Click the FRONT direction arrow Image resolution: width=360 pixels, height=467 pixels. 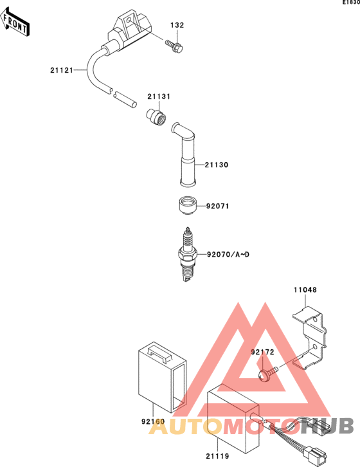(14, 23)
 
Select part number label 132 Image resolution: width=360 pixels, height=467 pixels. (177, 25)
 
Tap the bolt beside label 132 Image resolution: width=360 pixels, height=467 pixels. (174, 47)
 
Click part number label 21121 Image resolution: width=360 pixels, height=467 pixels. (61, 70)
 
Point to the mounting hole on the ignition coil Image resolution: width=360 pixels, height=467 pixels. (129, 21)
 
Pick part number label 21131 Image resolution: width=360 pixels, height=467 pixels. (159, 96)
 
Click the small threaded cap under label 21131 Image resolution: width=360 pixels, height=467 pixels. (156, 117)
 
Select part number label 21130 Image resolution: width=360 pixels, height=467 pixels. (217, 165)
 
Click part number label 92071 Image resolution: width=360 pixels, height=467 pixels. (218, 206)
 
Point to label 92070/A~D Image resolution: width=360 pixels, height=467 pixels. (228, 255)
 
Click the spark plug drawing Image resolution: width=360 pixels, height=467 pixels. (186, 254)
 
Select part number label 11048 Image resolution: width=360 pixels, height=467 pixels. (305, 290)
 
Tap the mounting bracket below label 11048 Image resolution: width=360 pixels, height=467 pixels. (310, 338)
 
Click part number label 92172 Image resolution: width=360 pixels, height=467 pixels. (262, 352)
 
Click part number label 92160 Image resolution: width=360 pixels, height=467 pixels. (153, 421)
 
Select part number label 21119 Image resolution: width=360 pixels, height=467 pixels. (217, 456)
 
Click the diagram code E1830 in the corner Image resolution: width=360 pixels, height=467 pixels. (351, 3)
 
